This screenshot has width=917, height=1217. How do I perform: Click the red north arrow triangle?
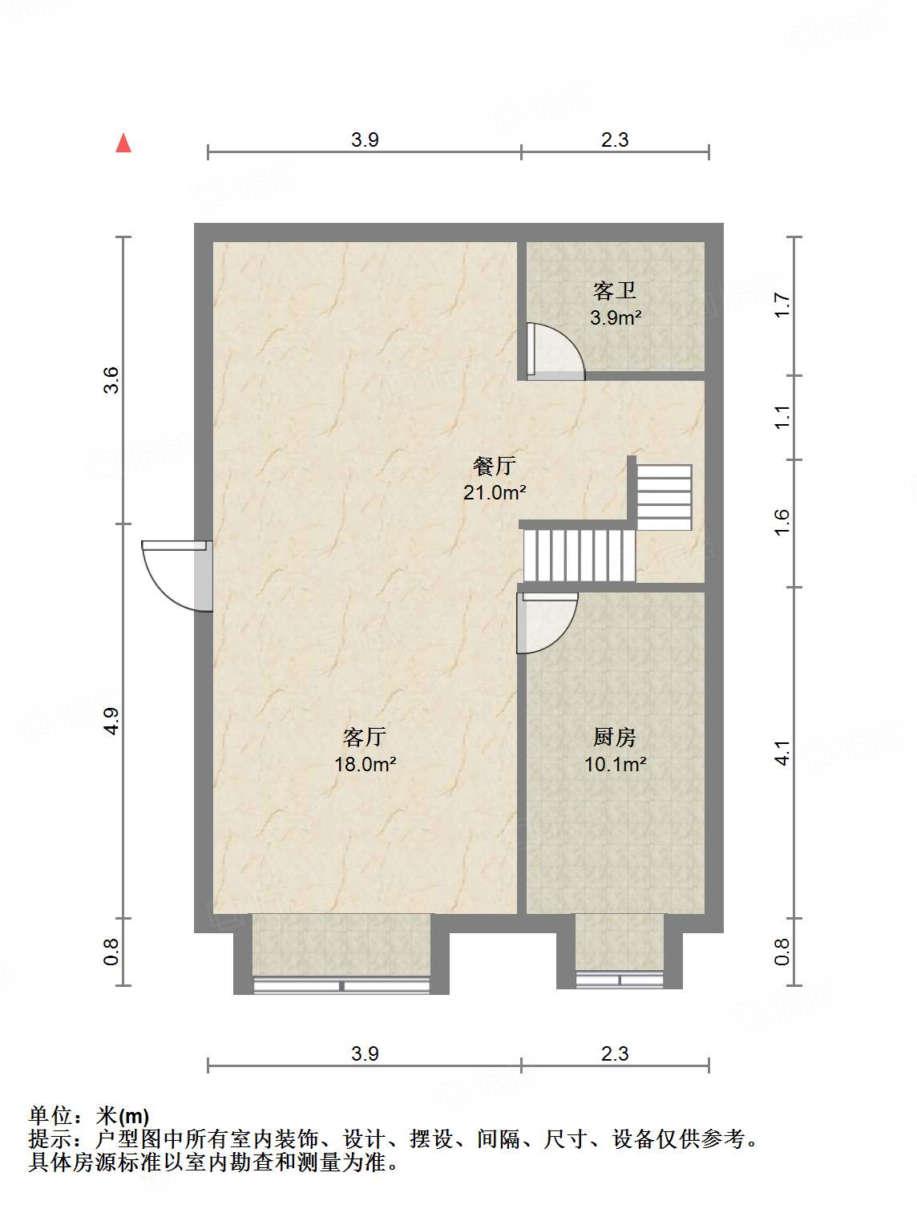coord(123,143)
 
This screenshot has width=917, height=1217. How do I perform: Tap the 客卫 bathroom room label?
coord(615,290)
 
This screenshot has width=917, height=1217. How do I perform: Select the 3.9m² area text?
coord(615,317)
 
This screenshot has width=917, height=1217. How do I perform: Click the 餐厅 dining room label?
coord(494,466)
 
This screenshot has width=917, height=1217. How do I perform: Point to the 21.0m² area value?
coord(494,492)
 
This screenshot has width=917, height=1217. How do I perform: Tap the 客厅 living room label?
coord(365,737)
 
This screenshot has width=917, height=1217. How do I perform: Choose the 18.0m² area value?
coord(365,764)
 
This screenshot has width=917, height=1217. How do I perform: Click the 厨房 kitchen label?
coord(615,737)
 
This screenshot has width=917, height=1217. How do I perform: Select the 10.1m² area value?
coord(615,764)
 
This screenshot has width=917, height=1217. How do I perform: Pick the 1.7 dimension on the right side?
coord(782,305)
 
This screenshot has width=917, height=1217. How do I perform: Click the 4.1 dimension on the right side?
coord(782,753)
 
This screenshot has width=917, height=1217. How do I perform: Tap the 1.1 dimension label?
coord(782,417)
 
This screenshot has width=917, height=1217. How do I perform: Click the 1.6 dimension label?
coord(782,523)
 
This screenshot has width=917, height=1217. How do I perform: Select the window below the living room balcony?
coord(342,985)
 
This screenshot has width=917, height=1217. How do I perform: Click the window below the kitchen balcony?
coord(620,979)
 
